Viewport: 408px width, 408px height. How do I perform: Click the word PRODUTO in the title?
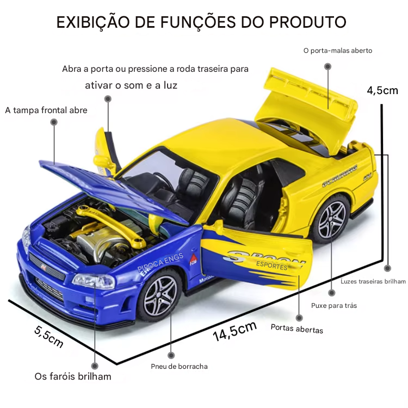pyautogui.click(x=307, y=22)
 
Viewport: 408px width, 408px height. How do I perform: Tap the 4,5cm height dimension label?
pyautogui.click(x=382, y=90)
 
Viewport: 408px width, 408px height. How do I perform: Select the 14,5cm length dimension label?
pyautogui.click(x=235, y=331)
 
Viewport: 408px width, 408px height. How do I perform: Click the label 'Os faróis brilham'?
pyautogui.click(x=73, y=376)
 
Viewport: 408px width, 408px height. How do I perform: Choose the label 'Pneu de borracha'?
pyautogui.click(x=180, y=366)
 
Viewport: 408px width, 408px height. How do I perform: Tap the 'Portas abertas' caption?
pyautogui.click(x=297, y=329)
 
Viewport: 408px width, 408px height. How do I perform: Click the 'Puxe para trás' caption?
pyautogui.click(x=334, y=306)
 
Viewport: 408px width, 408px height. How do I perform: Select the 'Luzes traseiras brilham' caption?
pyautogui.click(x=373, y=281)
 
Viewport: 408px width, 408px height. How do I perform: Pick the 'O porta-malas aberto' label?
pyautogui.click(x=338, y=51)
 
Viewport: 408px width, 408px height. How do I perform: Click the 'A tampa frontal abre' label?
pyautogui.click(x=46, y=110)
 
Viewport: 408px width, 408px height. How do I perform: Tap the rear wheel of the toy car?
pyautogui.click(x=331, y=219)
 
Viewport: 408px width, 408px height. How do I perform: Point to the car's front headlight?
pyautogui.click(x=94, y=281)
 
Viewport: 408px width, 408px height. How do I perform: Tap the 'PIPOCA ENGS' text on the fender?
pyautogui.click(x=160, y=263)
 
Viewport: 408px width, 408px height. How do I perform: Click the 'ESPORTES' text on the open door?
pyautogui.click(x=271, y=265)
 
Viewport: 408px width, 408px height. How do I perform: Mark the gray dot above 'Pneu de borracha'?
pyautogui.click(x=171, y=355)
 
